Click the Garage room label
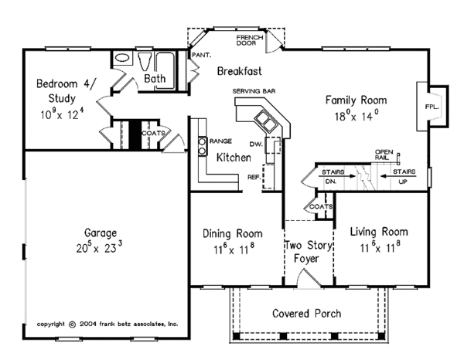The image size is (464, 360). [x=101, y=233]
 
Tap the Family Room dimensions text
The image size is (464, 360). [x=357, y=115]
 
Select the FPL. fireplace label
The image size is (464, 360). [x=432, y=107]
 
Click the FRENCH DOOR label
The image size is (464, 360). [x=250, y=40]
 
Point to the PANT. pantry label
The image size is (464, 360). [x=202, y=55]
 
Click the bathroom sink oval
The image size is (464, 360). [x=122, y=57]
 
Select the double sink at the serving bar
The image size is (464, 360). [x=266, y=121]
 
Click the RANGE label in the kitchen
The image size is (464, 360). [x=220, y=141]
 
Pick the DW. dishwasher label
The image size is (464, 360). [x=256, y=144]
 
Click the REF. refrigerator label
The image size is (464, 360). [x=254, y=177]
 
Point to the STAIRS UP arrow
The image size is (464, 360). [x=398, y=176]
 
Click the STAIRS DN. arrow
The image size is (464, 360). [x=337, y=176]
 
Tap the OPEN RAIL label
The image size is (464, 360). [x=384, y=155]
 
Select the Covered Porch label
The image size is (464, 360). [x=306, y=314]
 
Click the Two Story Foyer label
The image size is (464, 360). [x=308, y=252]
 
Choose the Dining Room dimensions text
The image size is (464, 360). [x=234, y=250]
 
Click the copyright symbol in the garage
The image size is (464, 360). [x=72, y=324]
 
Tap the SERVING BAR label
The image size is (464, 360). [x=254, y=91]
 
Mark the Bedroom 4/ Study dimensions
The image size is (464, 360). [x=62, y=114]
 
